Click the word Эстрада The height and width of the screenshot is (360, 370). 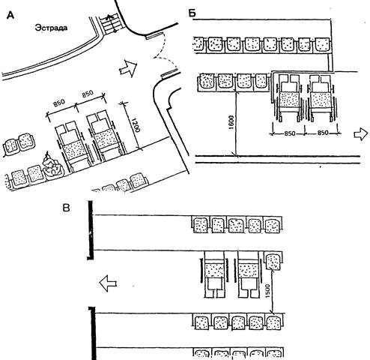[51, 28]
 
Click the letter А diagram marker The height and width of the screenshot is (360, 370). [10, 16]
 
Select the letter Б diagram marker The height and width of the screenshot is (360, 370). [192, 13]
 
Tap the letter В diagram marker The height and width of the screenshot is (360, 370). [66, 208]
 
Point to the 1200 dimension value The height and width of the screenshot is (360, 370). [136, 125]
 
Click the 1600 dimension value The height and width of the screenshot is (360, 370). [231, 122]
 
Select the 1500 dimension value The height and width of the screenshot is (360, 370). [267, 291]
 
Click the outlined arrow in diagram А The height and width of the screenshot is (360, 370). [128, 68]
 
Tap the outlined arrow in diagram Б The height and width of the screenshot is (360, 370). [361, 134]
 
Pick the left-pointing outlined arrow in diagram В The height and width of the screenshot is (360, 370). [108, 283]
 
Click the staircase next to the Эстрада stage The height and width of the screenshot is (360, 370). [110, 24]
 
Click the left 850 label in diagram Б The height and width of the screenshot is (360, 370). [289, 133]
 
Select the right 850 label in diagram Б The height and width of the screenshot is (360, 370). [323, 133]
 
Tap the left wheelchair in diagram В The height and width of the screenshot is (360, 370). [214, 274]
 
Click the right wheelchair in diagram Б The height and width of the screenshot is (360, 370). [321, 98]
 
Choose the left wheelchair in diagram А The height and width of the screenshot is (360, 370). [73, 146]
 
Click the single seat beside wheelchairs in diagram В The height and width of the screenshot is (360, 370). [273, 261]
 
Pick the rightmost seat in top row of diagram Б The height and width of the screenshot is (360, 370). [322, 45]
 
